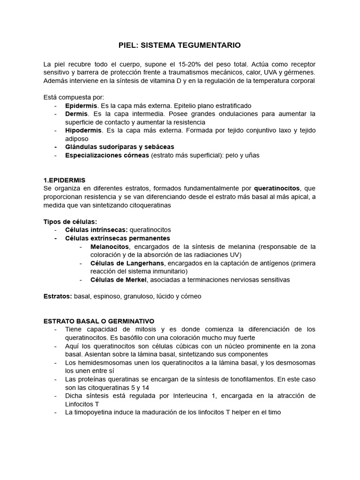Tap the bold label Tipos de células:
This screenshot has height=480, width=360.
point(70,221)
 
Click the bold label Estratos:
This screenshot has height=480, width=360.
point(58,297)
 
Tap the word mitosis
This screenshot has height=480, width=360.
point(148,330)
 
